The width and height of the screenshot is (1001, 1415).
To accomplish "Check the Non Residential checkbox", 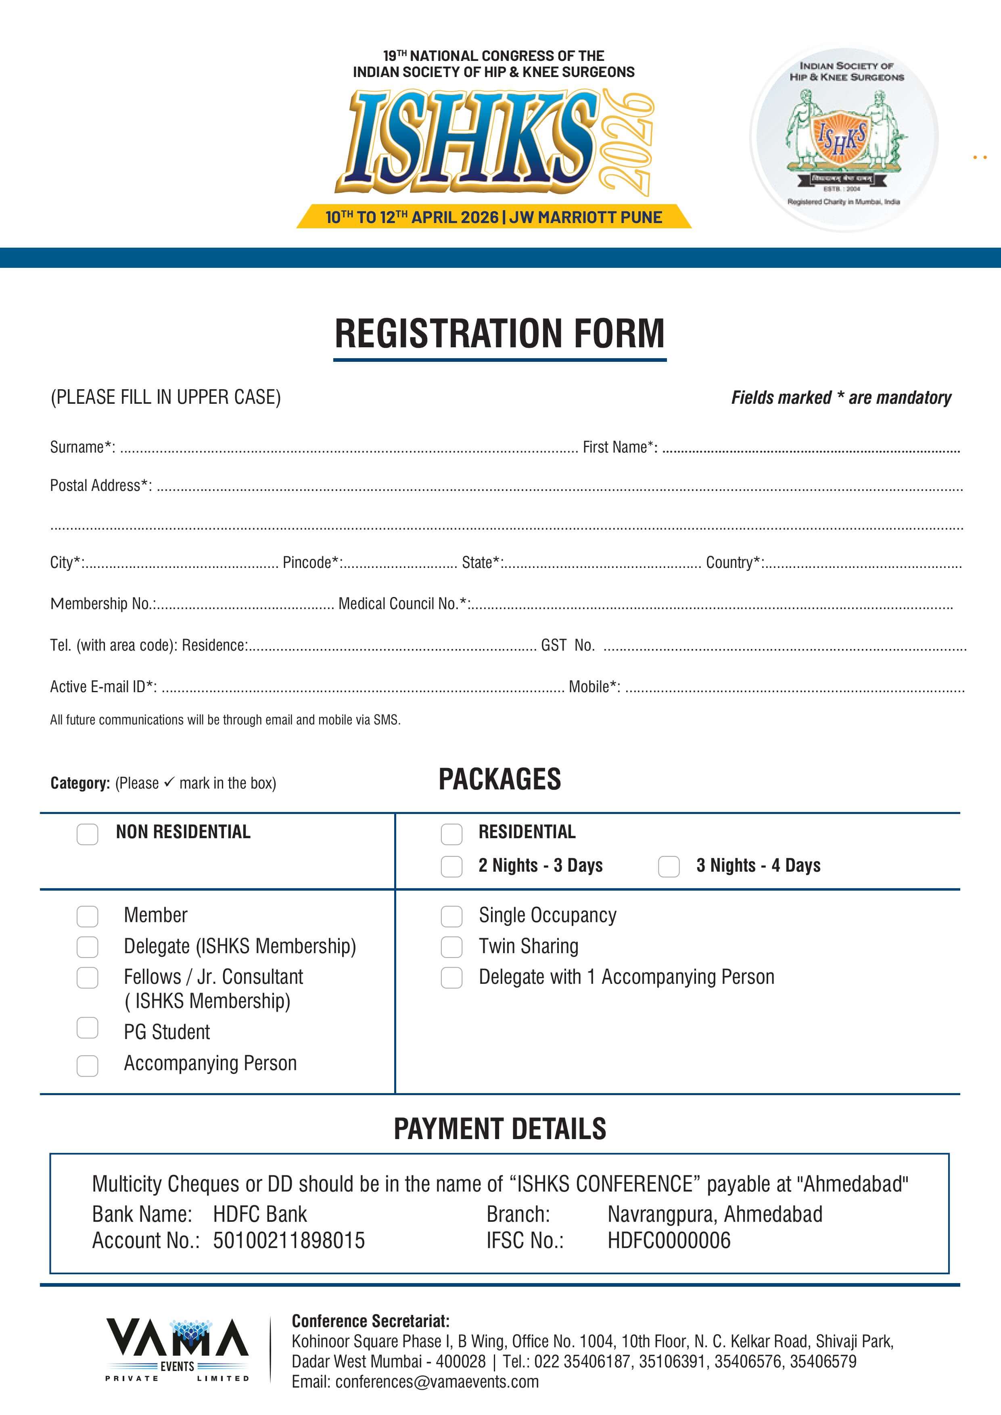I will [87, 835].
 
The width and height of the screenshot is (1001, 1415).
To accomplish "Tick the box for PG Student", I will [87, 1027].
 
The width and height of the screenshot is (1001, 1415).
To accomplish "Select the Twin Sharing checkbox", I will [451, 947].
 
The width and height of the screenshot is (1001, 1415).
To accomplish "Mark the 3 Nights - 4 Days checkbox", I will [669, 866].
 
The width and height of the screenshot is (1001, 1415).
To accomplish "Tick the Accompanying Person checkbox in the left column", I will [87, 1066].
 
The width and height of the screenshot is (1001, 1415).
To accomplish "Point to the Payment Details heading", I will [500, 1129].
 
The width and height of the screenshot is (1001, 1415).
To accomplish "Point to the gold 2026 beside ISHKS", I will [627, 142].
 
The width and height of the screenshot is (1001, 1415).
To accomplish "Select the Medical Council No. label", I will [404, 603].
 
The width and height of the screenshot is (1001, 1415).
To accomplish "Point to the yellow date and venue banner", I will [494, 217].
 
